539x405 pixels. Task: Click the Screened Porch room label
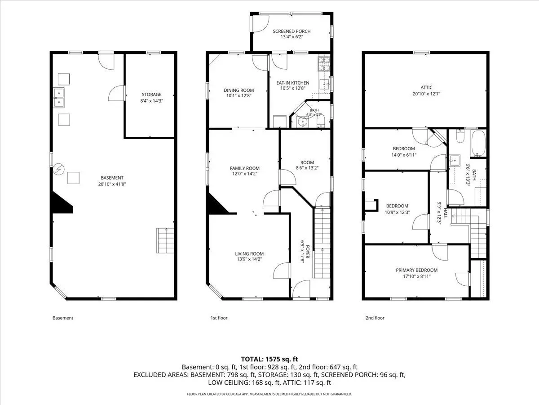[292, 31]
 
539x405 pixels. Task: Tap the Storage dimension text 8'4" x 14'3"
[151, 101]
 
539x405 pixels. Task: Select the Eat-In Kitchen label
[293, 83]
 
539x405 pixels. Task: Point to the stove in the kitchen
[324, 64]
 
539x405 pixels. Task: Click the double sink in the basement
[59, 98]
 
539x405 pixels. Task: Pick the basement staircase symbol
[165, 240]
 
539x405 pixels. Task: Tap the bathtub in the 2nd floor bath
[478, 144]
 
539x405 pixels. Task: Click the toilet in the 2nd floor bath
[460, 136]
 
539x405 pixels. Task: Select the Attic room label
[426, 88]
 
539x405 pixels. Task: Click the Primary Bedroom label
[416, 270]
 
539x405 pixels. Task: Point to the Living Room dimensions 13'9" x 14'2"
[249, 259]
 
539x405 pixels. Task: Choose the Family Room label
[245, 168]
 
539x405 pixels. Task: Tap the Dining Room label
[239, 90]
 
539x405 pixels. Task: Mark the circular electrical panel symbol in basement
[59, 169]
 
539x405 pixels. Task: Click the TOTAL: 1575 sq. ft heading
[269, 359]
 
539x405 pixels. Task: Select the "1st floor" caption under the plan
[219, 318]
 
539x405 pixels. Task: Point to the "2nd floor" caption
[375, 318]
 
